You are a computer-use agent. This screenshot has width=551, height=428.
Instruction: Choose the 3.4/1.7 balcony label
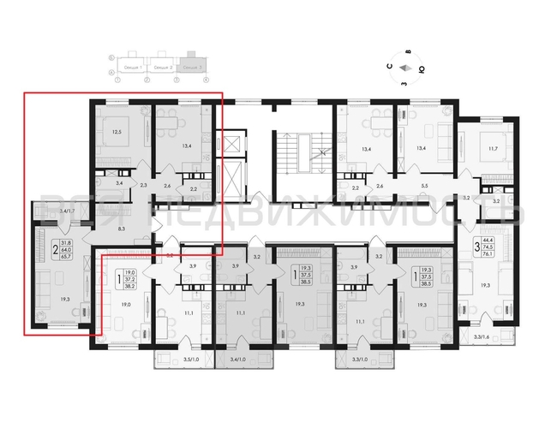(49, 209)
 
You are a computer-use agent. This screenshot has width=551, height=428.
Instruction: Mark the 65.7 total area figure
(66, 255)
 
